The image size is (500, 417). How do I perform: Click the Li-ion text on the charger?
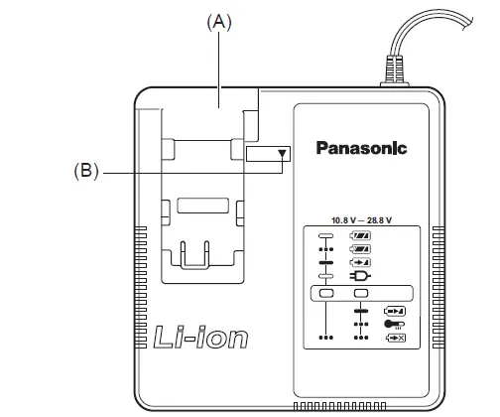pos(201,337)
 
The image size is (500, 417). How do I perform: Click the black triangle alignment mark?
pos(283,154)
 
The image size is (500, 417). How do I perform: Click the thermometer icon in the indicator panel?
pos(394,323)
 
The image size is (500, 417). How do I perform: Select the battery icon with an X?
pos(394,338)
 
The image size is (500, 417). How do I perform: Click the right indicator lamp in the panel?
pos(362,294)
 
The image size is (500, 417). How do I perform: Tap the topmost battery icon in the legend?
pos(360,234)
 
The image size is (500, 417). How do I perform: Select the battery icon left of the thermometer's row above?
pos(394,309)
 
